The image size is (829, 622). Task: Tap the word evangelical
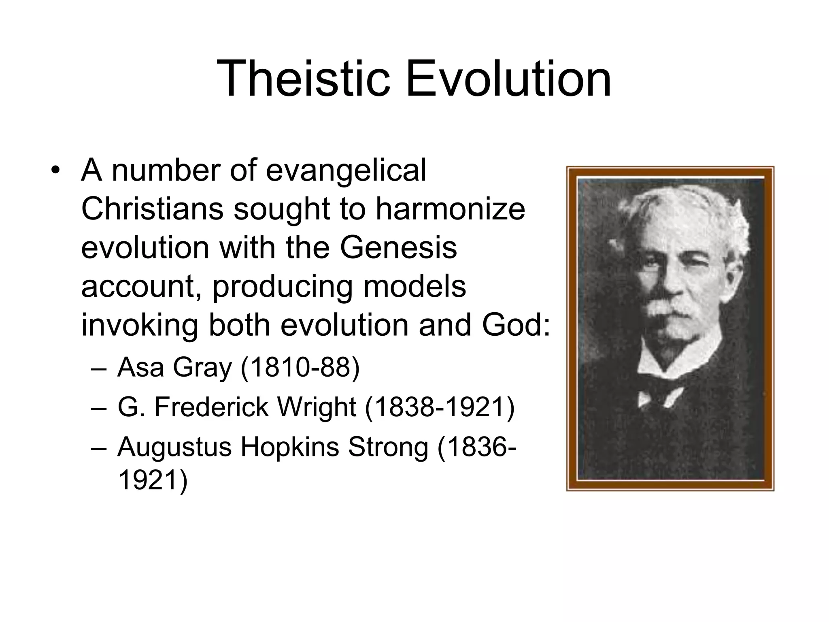[346, 170]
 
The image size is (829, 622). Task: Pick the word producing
[283, 287]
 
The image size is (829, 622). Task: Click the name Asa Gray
[174, 368]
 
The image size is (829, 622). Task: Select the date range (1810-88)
[300, 368]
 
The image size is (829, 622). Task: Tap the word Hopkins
[289, 447]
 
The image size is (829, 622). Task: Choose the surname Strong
[388, 447]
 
